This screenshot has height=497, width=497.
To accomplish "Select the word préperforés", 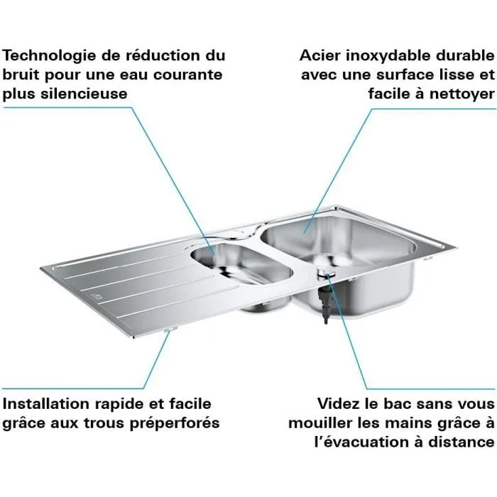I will (177, 423).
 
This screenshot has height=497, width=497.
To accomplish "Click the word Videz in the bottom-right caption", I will (340, 403).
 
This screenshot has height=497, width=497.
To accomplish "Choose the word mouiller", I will (319, 423).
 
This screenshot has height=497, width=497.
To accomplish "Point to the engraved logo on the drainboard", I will (97, 296).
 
